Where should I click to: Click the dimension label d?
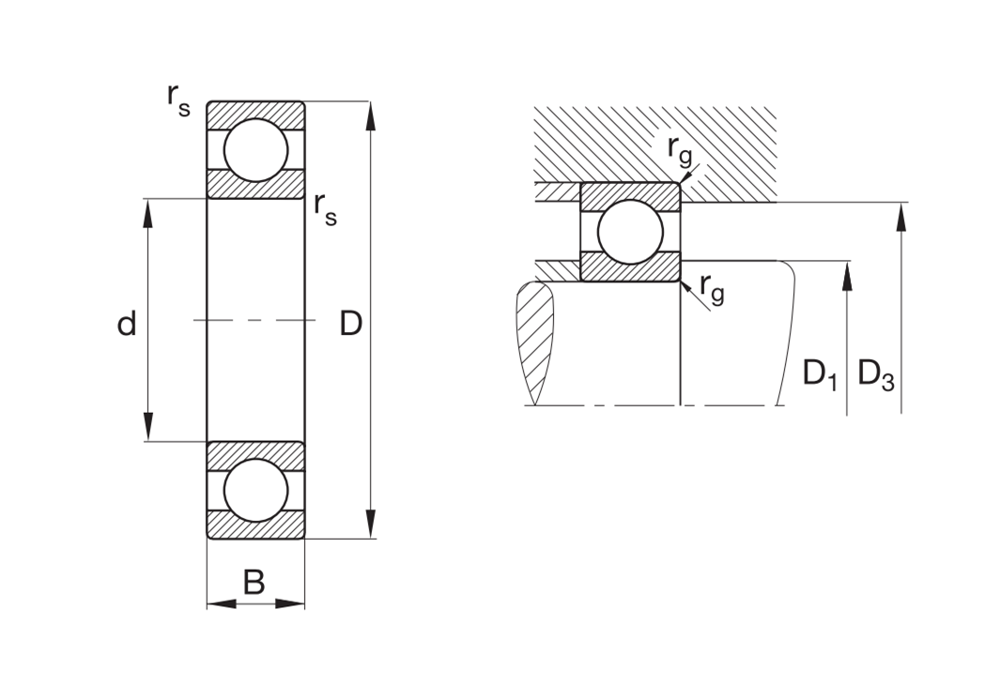point(127,324)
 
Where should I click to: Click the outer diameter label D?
point(350,324)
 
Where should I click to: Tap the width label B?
point(254,582)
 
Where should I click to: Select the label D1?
point(820,374)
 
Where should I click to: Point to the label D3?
point(876,374)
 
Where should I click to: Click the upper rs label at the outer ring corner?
point(178,100)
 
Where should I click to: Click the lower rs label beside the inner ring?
point(326,209)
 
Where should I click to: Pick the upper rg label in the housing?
point(680,151)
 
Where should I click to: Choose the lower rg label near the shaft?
point(712,289)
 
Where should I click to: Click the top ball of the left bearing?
point(255,150)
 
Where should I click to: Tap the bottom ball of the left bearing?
point(255,490)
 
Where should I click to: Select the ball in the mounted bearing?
point(630,232)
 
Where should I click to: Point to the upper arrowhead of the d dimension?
point(148,213)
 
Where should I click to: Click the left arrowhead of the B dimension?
point(221,604)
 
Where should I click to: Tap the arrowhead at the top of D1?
point(847,276)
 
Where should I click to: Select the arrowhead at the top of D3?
point(901,217)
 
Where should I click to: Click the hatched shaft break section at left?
point(534,342)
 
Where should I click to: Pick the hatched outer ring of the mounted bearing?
point(630,191)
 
